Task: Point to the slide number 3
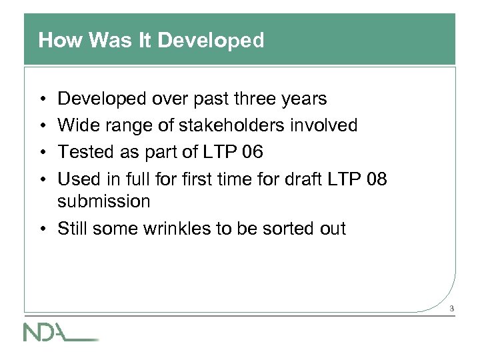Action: (451, 309)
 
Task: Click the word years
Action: (303, 99)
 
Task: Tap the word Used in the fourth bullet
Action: (76, 179)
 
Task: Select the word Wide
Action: (76, 125)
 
